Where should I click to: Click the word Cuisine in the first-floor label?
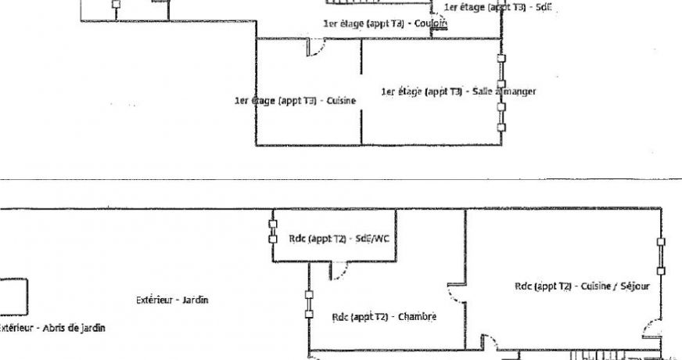click(341, 101)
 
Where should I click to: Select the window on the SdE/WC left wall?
click(273, 231)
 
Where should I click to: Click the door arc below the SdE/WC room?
click(339, 271)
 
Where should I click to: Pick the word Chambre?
click(417, 317)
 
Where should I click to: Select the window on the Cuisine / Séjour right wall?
click(661, 255)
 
